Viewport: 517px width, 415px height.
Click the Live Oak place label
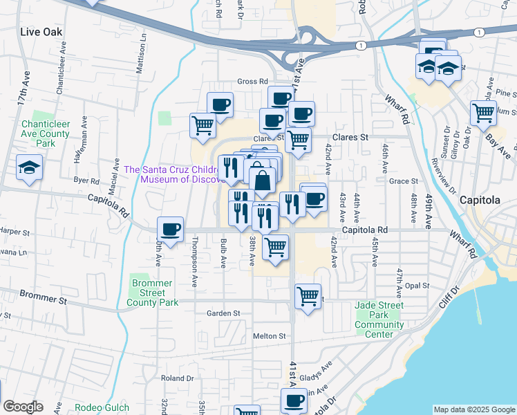click(x=41, y=32)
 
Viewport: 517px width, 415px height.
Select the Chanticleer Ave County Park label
click(x=46, y=133)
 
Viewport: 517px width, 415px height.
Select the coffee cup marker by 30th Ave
click(x=170, y=228)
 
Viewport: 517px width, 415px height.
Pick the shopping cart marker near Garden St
click(x=308, y=296)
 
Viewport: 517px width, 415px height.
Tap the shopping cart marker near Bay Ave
click(x=483, y=112)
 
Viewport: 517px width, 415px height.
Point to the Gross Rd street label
click(x=252, y=81)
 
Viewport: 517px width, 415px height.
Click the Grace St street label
click(x=404, y=181)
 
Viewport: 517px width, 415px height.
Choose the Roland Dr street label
click(x=178, y=378)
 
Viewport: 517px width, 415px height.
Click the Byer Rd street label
click(x=86, y=180)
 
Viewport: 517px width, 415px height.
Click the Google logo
click(x=23, y=407)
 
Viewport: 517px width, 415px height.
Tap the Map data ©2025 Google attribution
click(x=474, y=409)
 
